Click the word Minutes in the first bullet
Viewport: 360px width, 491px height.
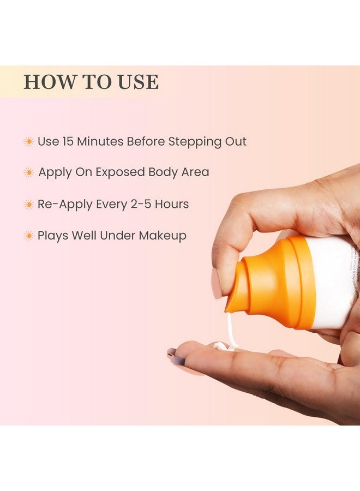click(100, 142)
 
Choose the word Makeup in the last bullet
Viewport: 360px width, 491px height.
click(163, 236)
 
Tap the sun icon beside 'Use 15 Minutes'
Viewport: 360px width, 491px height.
click(28, 142)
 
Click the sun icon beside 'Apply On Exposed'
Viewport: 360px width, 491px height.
click(28, 173)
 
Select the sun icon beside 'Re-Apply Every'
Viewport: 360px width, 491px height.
click(28, 205)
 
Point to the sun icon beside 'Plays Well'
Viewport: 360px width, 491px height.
click(28, 236)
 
